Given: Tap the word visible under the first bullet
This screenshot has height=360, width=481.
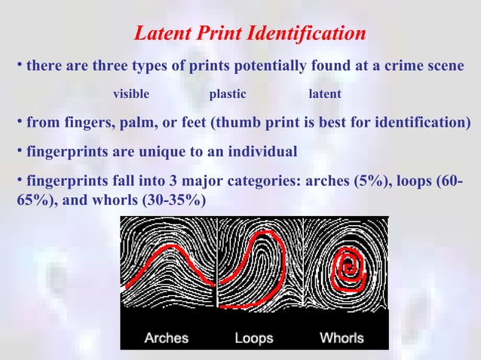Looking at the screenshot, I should click(130, 94).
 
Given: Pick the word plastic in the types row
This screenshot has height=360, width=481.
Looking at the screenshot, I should click(228, 94).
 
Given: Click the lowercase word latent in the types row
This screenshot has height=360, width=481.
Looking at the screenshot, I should click(325, 94).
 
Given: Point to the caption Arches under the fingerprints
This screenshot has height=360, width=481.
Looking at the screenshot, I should click(166, 337).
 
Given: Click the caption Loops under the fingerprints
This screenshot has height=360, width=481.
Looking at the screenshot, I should click(254, 337).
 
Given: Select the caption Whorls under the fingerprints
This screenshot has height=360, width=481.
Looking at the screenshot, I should click(342, 337).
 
